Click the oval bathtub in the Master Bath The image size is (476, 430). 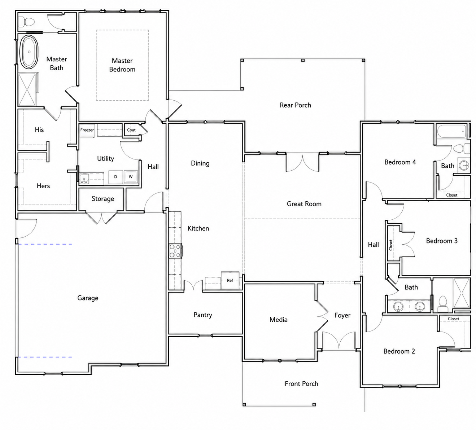[x=29, y=52]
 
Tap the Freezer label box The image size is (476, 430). [x=87, y=130]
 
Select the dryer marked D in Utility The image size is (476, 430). [x=115, y=177]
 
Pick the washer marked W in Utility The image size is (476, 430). [x=131, y=177]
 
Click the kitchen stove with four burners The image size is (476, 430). [x=175, y=251]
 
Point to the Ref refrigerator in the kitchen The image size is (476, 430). [x=230, y=281]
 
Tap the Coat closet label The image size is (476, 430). [x=131, y=130]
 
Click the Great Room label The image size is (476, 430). [x=304, y=204]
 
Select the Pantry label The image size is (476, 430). [x=203, y=315]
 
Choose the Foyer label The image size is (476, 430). [x=342, y=315]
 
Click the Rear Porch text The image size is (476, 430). [x=295, y=105]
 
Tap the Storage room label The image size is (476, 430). [x=103, y=199]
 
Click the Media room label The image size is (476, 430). [x=278, y=320]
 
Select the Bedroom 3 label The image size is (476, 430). [x=442, y=241]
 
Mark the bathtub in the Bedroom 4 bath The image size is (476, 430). [x=451, y=131]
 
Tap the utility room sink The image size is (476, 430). [x=84, y=179]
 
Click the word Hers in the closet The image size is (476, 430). [x=43, y=186]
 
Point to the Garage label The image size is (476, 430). [x=88, y=298]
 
